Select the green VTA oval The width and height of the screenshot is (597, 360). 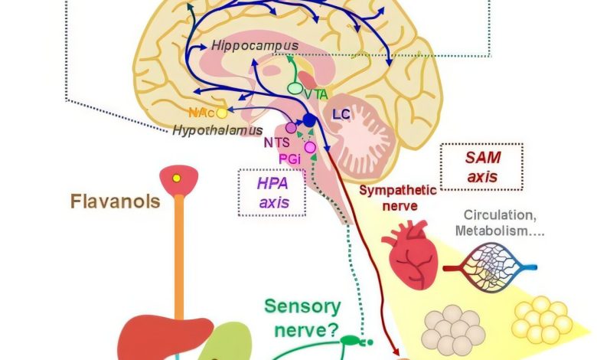(x=295, y=90)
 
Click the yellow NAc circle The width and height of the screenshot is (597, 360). (x=222, y=113)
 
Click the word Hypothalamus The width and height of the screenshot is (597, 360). (x=217, y=130)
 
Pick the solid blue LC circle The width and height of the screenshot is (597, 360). (x=308, y=120)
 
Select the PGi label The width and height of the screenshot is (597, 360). (x=289, y=158)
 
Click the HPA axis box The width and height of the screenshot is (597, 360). (x=271, y=191)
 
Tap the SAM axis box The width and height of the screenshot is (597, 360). (x=481, y=165)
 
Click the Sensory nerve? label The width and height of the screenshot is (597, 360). (x=302, y=316)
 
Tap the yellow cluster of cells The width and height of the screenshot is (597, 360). (x=543, y=320)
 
